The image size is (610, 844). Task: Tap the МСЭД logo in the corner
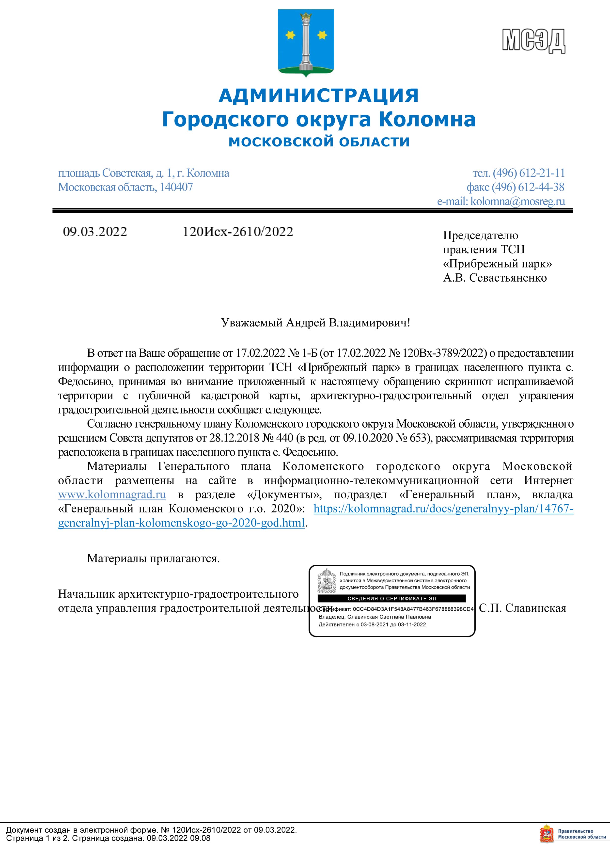point(534,40)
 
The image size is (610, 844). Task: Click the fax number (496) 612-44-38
point(528,187)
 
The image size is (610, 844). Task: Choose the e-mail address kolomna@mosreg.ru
point(517,201)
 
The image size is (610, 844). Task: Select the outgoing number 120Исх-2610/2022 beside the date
point(238,232)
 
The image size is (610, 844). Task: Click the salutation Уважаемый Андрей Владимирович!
point(315,323)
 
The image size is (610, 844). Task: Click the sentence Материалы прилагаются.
point(153,558)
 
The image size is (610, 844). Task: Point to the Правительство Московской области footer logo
point(574,834)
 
